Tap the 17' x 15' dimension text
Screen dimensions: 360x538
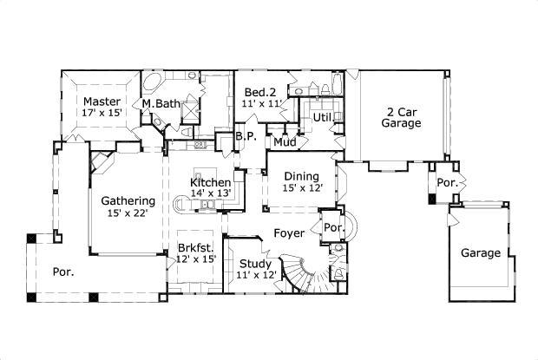102,114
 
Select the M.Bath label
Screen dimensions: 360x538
161,104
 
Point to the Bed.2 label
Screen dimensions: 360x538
259,93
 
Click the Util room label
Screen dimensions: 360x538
323,115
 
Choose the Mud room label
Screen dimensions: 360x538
285,141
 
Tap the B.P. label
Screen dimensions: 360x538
246,136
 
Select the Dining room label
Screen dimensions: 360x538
301,175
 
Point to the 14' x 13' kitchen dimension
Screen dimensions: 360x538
210,193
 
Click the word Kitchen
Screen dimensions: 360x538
210,182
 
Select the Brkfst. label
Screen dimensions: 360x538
195,246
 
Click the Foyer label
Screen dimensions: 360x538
288,233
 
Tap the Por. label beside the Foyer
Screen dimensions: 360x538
332,227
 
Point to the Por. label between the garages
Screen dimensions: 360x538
446,183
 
